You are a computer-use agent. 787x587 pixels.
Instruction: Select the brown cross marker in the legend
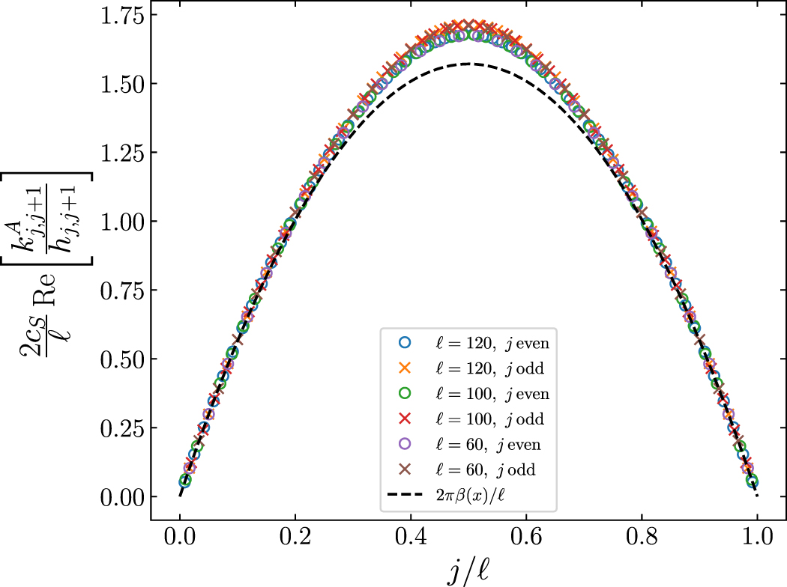(405, 469)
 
